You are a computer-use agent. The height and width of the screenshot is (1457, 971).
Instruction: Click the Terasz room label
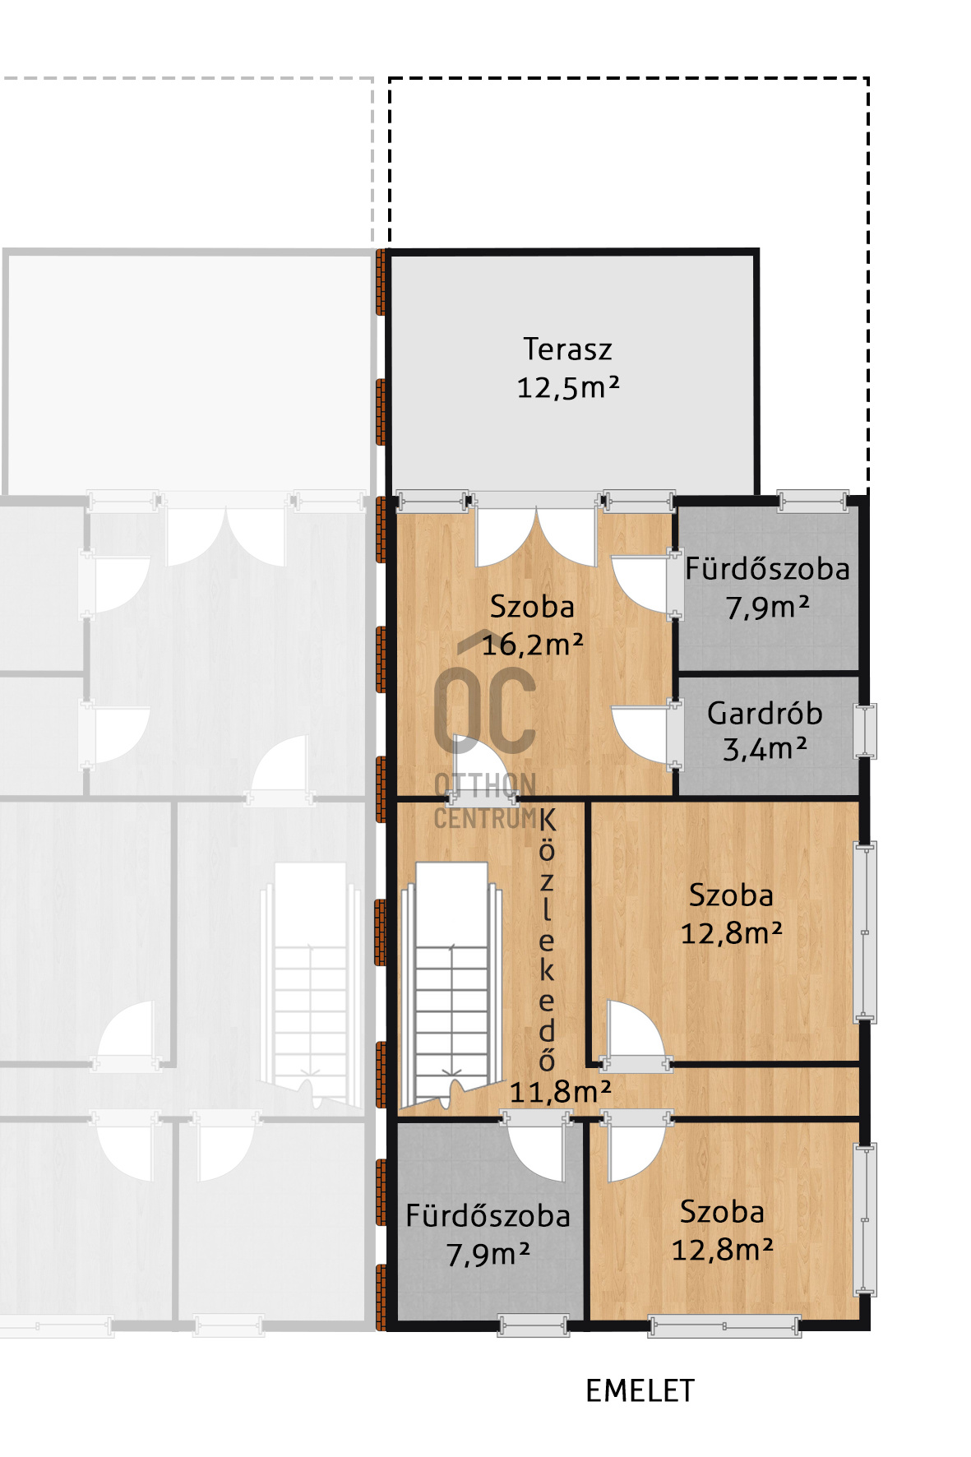coord(567,349)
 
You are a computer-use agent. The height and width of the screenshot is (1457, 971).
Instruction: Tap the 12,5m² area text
coord(567,387)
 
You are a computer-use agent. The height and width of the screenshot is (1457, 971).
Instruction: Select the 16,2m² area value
coord(532,645)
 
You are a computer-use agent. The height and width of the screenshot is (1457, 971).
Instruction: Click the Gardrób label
coord(765,714)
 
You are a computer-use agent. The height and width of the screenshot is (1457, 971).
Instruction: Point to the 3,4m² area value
coord(765,749)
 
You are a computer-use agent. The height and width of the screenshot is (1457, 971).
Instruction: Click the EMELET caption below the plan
coord(640,1391)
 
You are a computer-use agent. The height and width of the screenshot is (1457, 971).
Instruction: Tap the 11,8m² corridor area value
coord(560,1092)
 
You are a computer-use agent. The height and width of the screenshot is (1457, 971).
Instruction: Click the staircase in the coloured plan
coord(451,983)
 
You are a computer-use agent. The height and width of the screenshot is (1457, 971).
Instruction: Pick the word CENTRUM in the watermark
coord(485,819)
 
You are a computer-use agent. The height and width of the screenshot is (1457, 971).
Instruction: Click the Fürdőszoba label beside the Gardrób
coord(767,569)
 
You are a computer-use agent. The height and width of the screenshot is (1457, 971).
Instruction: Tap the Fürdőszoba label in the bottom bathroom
coord(488,1216)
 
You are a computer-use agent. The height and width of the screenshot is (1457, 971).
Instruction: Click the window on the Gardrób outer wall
coord(865,730)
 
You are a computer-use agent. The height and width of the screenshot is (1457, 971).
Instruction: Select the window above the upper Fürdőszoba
coord(812,501)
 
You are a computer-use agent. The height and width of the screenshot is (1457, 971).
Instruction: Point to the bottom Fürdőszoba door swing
coord(537,1147)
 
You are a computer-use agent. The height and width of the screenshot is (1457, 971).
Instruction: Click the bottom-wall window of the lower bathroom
coord(534,1325)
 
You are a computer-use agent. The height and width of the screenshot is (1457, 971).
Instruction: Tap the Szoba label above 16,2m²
coord(532,607)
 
